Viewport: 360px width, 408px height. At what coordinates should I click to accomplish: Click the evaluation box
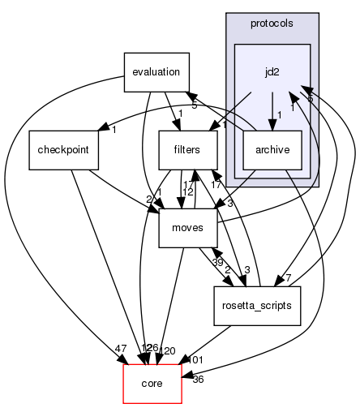pyautogui.click(x=156, y=71)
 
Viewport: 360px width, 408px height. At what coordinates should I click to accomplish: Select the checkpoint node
pyautogui.click(x=63, y=150)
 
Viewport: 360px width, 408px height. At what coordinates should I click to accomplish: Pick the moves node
pyautogui.click(x=186, y=229)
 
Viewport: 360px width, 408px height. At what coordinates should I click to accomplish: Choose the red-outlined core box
pyautogui.click(x=152, y=382)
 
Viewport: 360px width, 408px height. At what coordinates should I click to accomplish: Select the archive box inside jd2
pyautogui.click(x=272, y=150)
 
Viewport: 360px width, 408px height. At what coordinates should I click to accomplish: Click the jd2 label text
pyautogui.click(x=272, y=71)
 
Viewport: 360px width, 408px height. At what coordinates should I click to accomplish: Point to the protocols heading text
pyautogui.click(x=272, y=24)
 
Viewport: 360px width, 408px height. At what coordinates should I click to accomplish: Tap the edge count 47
pyautogui.click(x=120, y=349)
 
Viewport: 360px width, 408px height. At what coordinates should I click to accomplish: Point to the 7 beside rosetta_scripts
pyautogui.click(x=287, y=278)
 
